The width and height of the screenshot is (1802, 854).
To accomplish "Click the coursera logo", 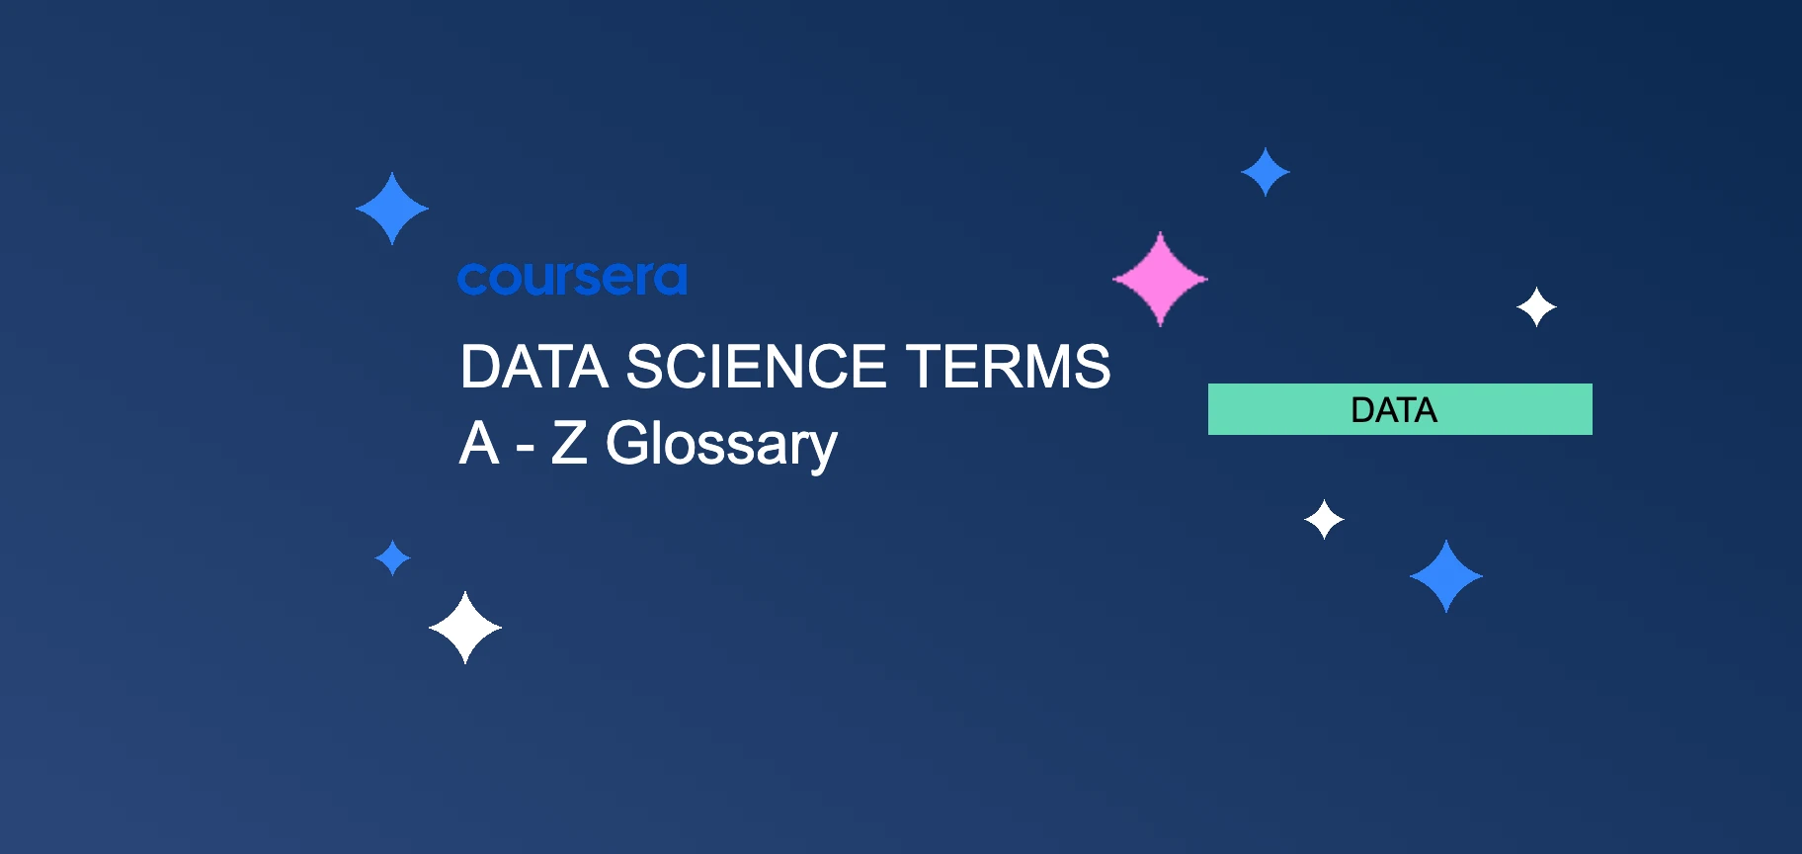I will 572,279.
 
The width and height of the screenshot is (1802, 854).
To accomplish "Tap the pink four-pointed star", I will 1160,279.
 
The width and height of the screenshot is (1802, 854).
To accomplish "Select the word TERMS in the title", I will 1008,367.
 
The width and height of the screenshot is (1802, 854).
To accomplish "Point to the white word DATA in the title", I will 533,367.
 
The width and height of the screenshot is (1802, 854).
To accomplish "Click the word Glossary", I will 721,444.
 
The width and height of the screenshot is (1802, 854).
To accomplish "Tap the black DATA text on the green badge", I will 1393,410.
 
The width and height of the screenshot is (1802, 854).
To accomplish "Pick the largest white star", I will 465,628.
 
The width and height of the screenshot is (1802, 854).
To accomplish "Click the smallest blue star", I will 393,558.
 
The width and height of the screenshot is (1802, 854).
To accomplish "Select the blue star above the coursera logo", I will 392,209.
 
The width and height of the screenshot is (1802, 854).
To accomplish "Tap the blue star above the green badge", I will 1266,172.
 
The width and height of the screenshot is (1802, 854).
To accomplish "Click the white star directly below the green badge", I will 1324,519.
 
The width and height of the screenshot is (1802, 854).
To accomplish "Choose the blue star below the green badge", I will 1446,576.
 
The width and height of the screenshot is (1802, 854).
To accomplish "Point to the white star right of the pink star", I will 1536,307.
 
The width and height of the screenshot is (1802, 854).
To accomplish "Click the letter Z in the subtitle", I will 569,443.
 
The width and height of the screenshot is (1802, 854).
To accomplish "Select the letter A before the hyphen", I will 479,443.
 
